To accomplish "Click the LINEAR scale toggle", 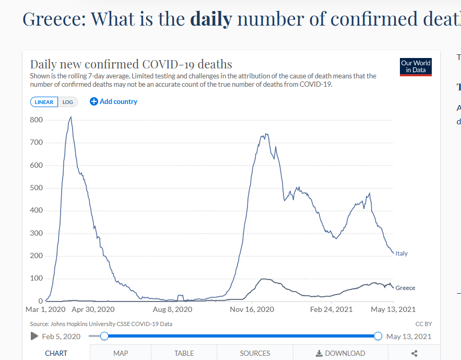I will tap(44, 102).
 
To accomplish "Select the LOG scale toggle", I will tap(68, 102).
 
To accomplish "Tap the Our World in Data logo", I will tap(416, 66).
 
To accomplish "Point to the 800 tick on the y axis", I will tap(37, 120).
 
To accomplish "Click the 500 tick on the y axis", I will tap(37, 188).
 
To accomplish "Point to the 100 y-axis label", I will tap(37, 278).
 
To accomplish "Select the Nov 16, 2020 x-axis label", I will tap(252, 309).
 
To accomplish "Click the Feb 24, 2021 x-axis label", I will tap(332, 309).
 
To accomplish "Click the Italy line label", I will tap(401, 253).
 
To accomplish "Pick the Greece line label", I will tap(405, 288).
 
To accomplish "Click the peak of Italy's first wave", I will tap(71, 117).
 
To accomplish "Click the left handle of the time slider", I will tap(104, 336).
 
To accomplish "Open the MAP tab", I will tap(121, 353).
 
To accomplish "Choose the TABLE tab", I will tap(184, 353).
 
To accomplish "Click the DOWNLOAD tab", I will tap(340, 353).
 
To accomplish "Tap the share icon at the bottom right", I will tap(415, 353).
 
